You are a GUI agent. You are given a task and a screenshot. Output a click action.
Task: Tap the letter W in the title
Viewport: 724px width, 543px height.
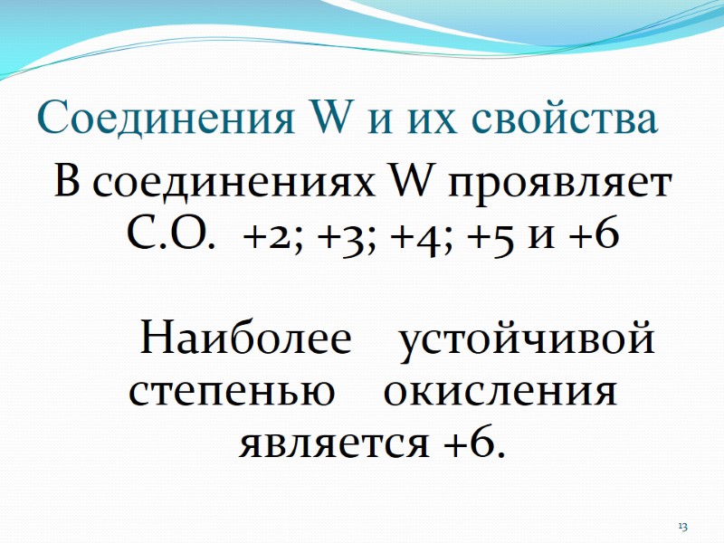tap(336, 119)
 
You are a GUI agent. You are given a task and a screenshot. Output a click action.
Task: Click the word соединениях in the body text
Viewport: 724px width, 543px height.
tap(225, 185)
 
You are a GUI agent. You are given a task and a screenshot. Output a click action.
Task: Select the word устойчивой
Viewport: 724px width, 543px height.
tap(528, 342)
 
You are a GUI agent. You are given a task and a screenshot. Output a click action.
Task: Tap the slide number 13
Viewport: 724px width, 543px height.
tap(683, 527)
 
